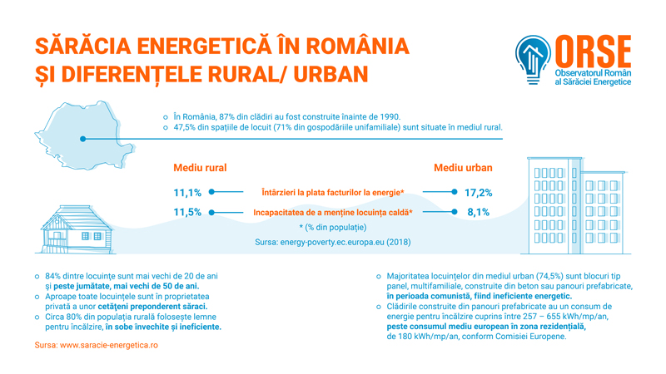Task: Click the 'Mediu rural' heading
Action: (200, 168)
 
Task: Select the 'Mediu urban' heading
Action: (463, 168)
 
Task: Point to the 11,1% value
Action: (187, 192)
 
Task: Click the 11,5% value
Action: (187, 212)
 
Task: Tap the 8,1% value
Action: (478, 212)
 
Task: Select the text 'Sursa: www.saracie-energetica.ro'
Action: (94, 344)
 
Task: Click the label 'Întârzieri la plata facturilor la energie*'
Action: (332, 192)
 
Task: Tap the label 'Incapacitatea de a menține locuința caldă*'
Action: (333, 212)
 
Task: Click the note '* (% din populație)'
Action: (333, 227)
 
